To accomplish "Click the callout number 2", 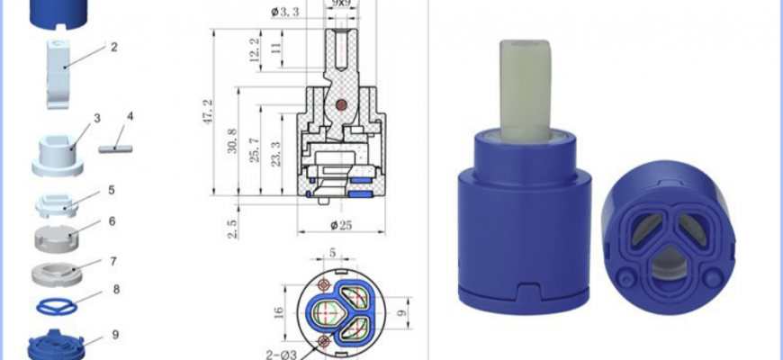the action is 114,48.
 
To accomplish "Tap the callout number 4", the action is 130,117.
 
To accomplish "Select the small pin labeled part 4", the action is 115,148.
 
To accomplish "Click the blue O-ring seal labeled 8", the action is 57,307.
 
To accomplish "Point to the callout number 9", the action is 115,335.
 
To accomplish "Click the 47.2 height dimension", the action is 208,112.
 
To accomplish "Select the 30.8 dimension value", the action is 232,140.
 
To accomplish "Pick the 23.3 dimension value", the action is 275,154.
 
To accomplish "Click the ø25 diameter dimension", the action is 341,226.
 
